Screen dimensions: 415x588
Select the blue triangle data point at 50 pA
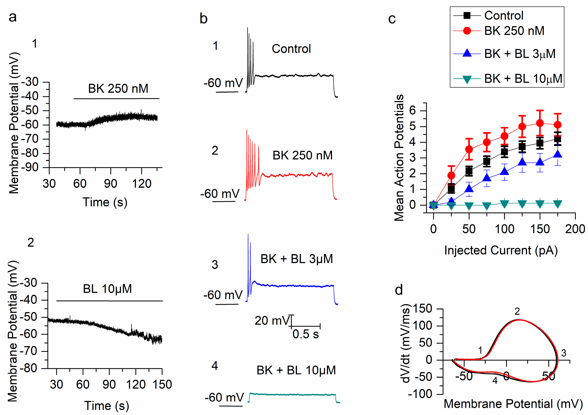(x=469, y=189)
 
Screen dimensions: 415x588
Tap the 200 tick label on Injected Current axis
(x=575, y=229)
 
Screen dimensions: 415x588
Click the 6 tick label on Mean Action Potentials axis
(x=412, y=111)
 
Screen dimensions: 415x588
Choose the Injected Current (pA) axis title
(x=501, y=250)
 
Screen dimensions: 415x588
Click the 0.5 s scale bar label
(x=305, y=334)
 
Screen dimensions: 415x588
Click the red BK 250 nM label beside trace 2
(x=302, y=155)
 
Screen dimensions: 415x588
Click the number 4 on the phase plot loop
(x=495, y=381)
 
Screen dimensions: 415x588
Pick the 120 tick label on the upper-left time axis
(x=142, y=184)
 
